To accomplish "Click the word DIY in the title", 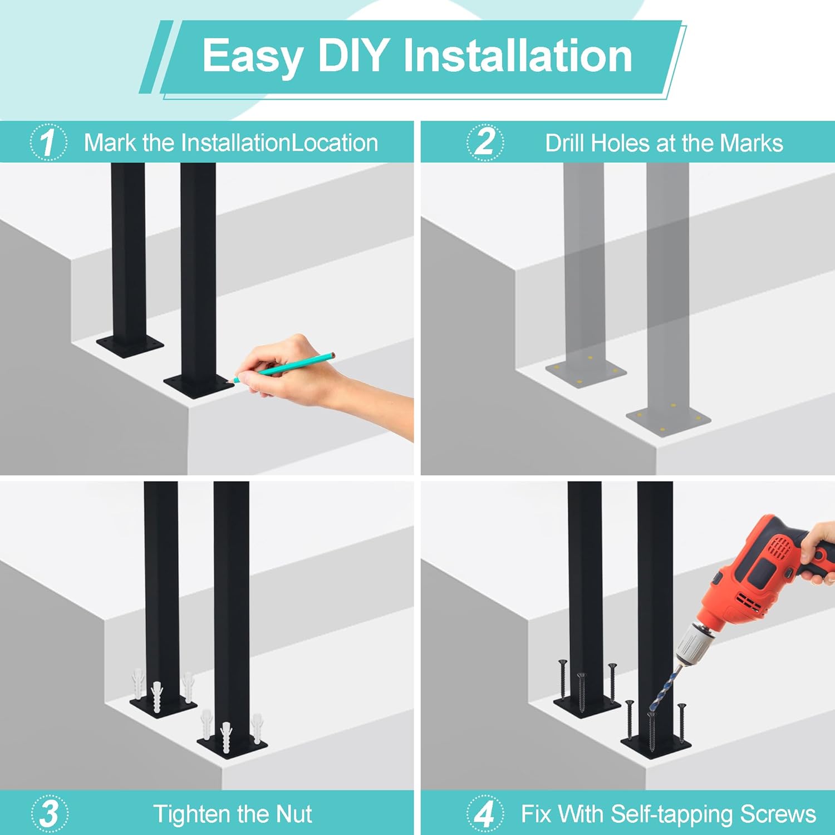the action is (353, 56).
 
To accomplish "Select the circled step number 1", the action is (48, 142).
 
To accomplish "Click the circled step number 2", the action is (485, 142).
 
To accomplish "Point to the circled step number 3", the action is (50, 813).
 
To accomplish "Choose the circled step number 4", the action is (485, 813).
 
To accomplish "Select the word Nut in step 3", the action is (294, 814).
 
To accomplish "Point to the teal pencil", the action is (284, 367).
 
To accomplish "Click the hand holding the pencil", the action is (323, 379).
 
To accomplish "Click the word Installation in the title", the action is (518, 56).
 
